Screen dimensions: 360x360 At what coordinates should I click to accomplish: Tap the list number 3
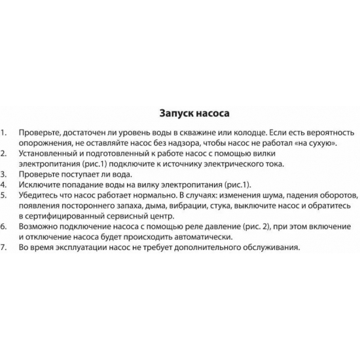pyautogui.click(x=5, y=174)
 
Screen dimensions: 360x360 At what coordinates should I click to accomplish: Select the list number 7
pyautogui.click(x=5, y=247)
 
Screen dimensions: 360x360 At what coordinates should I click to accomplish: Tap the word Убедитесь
pyautogui.click(x=41, y=195)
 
